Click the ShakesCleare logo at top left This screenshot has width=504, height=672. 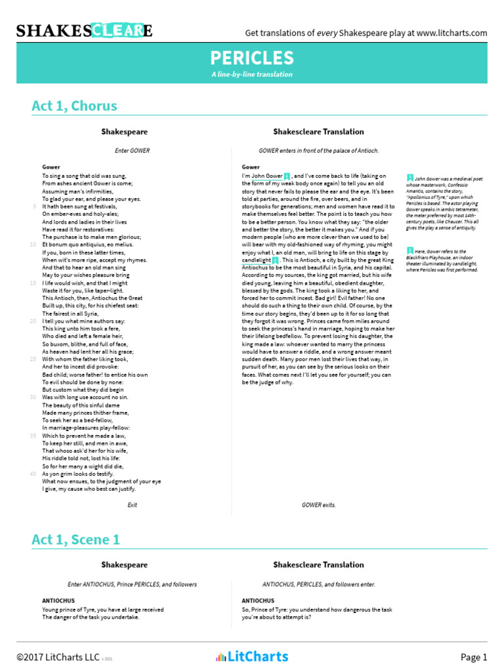pos(84,31)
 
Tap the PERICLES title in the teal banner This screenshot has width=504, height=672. pos(252,57)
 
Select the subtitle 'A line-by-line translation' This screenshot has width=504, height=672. pos(252,75)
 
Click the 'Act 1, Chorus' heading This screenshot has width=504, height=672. pos(74,106)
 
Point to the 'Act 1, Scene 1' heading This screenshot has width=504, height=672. pos(76,539)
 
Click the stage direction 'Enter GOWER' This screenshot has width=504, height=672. pos(133,150)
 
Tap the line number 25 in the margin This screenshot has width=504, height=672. pos(33,359)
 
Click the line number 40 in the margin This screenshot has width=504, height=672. pos(33,473)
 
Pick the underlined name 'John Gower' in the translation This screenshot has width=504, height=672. pos(267,176)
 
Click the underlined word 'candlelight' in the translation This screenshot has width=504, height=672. pos(256,260)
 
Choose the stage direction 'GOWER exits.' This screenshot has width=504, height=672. pos(318,505)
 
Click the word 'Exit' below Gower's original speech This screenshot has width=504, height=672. pos(133,505)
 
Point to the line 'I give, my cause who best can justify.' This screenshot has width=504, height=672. pos(89,489)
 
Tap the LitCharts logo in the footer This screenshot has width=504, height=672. pos(252,656)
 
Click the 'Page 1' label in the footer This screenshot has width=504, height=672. pos(474,657)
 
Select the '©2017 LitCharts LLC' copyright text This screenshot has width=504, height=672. pos(57,657)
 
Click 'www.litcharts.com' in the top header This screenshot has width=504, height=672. pos(451,33)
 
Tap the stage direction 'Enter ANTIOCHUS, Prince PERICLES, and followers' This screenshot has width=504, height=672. pos(133,584)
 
